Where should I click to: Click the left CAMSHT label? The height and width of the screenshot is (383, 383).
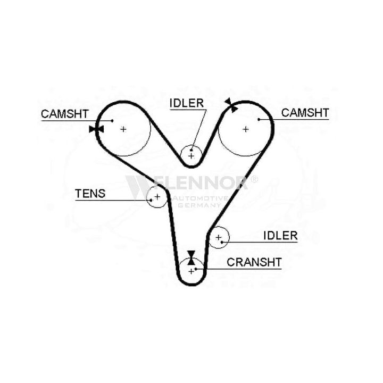tap(65, 113)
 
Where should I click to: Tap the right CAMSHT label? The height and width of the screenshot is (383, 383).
tap(305, 112)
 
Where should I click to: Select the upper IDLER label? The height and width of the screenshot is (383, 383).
tap(187, 103)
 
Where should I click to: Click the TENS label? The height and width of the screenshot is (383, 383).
tap(90, 194)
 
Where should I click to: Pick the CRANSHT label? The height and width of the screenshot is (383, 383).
tap(254, 262)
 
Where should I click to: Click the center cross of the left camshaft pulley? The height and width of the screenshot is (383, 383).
tap(123, 129)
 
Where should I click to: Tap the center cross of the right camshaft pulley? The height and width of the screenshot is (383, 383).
tap(246, 129)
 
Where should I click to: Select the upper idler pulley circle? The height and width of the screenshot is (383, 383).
tap(190, 155)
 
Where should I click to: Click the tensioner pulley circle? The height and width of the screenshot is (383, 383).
tap(157, 197)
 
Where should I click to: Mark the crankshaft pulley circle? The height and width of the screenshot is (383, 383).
tap(191, 270)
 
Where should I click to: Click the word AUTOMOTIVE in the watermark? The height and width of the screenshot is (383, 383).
tap(199, 198)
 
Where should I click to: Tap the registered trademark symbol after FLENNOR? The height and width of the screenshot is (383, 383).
tap(254, 179)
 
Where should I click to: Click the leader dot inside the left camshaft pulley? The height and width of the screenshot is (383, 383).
tap(113, 121)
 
